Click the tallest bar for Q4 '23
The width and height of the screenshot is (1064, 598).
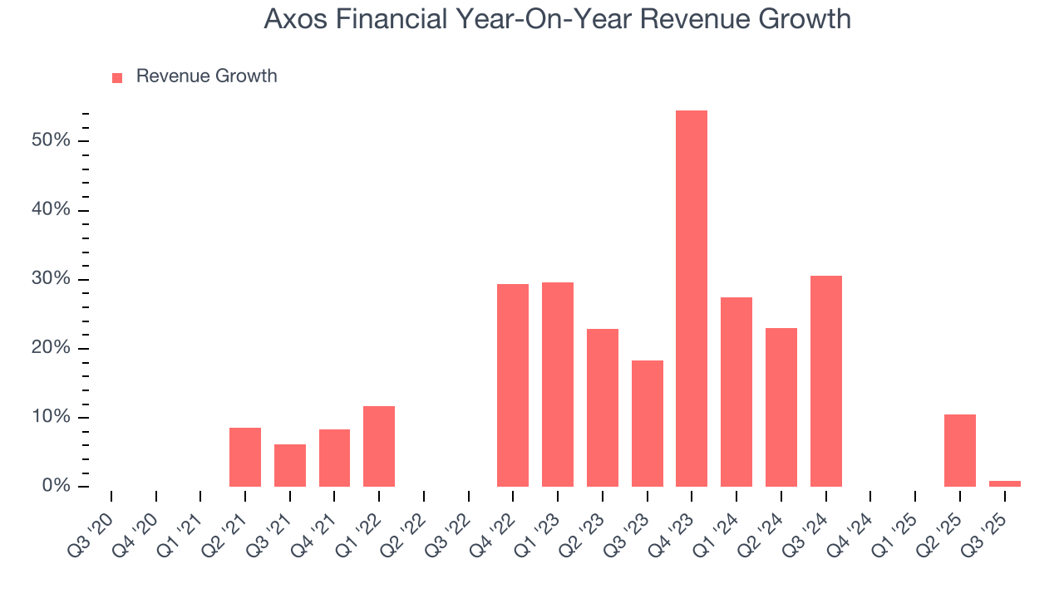point(692,298)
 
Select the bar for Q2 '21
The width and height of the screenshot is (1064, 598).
point(245,457)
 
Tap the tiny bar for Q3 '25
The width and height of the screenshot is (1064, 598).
point(1004,483)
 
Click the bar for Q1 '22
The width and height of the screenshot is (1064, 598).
point(379,446)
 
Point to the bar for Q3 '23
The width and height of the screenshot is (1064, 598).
point(647,423)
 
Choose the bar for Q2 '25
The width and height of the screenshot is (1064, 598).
point(959,450)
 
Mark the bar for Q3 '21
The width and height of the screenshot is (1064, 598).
point(290,465)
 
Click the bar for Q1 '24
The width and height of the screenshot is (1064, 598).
point(736,391)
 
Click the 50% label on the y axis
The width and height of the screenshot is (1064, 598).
point(51,140)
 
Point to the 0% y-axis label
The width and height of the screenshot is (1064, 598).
point(55,486)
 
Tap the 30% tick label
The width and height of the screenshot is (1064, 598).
point(51,279)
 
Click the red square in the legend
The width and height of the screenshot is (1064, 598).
point(117,77)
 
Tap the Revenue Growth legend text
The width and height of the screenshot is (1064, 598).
point(206,76)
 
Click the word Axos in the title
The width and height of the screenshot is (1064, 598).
point(291,19)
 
